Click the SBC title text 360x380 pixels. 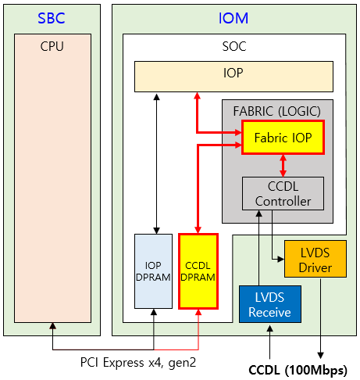52,18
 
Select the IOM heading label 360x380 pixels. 233,18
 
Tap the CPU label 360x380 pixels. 52,46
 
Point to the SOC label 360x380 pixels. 234,46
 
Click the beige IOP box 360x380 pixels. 233,77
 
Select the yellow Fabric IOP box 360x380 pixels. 283,138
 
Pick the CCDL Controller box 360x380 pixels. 283,193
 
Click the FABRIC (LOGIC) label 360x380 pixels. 277,111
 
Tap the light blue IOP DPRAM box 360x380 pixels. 153,271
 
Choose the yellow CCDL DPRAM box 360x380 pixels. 198,271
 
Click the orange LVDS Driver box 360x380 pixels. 315,259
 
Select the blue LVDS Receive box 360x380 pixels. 270,304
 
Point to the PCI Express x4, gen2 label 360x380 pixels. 138,363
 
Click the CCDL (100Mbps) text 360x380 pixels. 298,370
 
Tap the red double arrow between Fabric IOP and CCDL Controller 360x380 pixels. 283,166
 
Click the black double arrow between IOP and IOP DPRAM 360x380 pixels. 156,163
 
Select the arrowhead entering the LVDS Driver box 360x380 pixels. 281,259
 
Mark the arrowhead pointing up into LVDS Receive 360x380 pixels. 270,328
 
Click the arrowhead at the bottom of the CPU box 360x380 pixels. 53,326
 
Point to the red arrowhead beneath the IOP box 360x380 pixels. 198,95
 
